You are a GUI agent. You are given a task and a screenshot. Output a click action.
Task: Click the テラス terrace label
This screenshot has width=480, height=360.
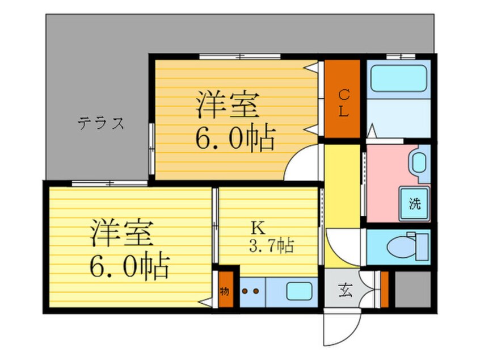point(100,123)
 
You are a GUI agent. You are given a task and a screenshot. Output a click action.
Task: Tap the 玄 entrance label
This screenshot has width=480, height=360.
point(346,291)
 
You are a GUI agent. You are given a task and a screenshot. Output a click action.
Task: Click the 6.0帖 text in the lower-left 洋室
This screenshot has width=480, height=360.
point(129,264)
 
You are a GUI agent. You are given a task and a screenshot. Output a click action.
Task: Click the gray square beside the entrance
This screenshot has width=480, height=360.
point(412,291)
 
